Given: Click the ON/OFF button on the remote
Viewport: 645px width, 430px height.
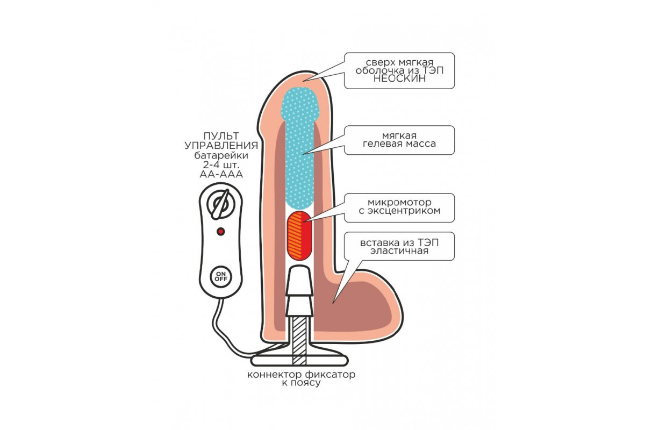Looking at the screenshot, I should (x=221, y=276).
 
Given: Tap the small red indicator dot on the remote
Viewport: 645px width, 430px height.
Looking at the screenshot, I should (x=220, y=231).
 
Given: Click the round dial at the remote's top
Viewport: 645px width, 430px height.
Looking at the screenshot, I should (x=220, y=205).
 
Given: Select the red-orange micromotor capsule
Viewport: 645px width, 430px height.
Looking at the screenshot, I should (x=299, y=235).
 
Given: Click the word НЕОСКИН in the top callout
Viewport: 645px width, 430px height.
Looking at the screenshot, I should (x=399, y=78).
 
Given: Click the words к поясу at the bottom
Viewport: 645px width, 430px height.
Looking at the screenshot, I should (x=300, y=383).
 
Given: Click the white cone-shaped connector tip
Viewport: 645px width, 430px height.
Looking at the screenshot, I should (x=299, y=279).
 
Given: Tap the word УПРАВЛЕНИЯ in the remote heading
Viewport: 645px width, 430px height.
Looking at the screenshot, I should (x=221, y=145).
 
